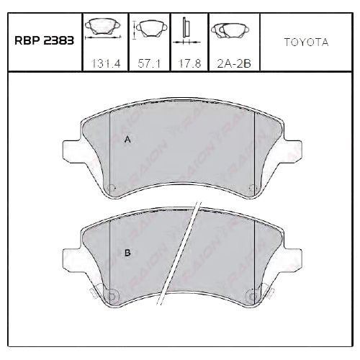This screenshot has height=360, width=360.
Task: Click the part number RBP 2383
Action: [x=44, y=40]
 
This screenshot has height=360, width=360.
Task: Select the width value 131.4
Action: [x=106, y=64]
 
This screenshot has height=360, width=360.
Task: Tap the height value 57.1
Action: [x=149, y=64]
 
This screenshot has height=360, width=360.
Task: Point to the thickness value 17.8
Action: [x=189, y=64]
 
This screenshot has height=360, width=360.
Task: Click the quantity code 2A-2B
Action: [x=234, y=64]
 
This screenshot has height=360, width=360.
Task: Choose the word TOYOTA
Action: [x=306, y=42]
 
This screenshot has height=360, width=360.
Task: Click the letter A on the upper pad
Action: [x=127, y=140]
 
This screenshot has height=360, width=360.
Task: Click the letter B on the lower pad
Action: [x=127, y=253]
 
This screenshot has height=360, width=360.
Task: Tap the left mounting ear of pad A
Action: [x=72, y=150]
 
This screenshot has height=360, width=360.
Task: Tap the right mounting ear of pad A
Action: [x=292, y=150]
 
